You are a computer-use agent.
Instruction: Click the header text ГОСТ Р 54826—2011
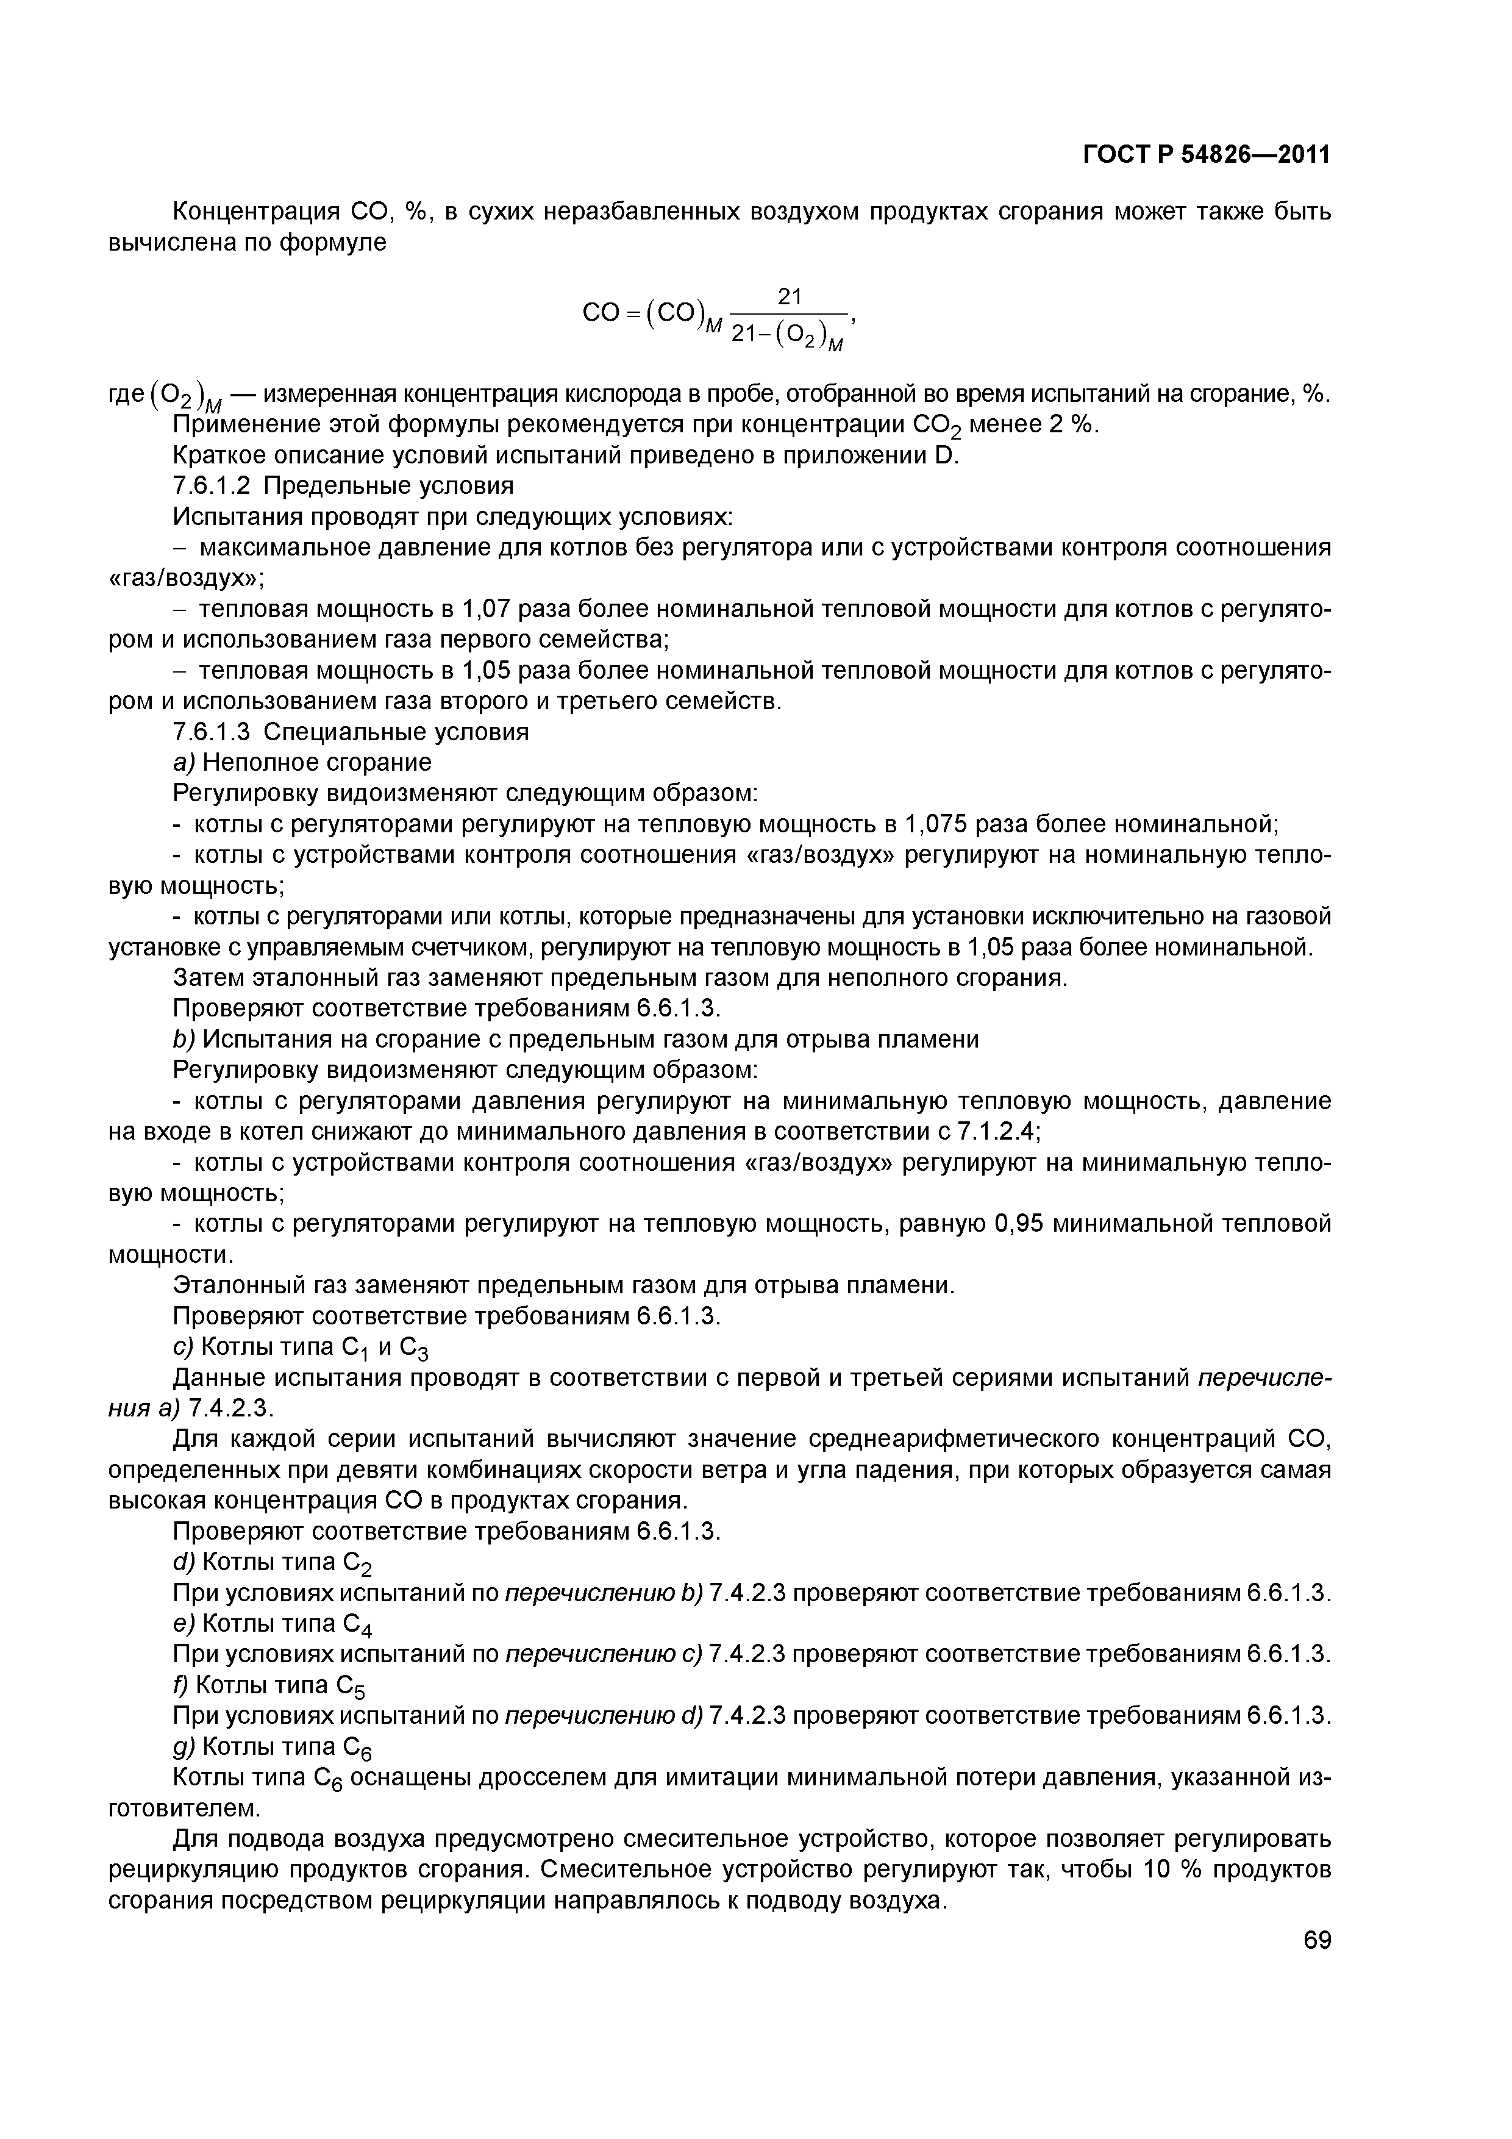[x=1205, y=154]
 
